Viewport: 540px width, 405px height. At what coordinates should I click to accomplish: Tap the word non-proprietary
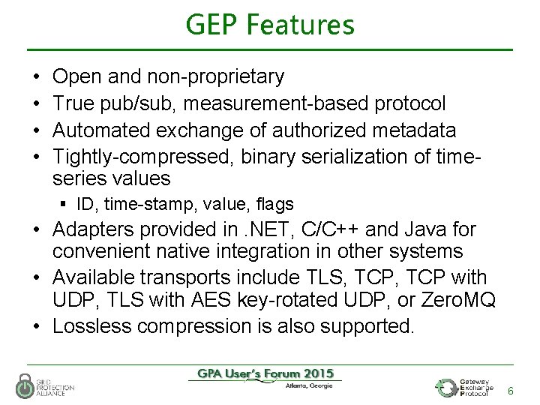click(215, 76)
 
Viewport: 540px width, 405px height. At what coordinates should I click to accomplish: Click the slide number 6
click(511, 391)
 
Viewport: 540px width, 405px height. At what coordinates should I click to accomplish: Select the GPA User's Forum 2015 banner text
click(265, 373)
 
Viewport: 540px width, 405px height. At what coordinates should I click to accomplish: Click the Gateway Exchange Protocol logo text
click(477, 388)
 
